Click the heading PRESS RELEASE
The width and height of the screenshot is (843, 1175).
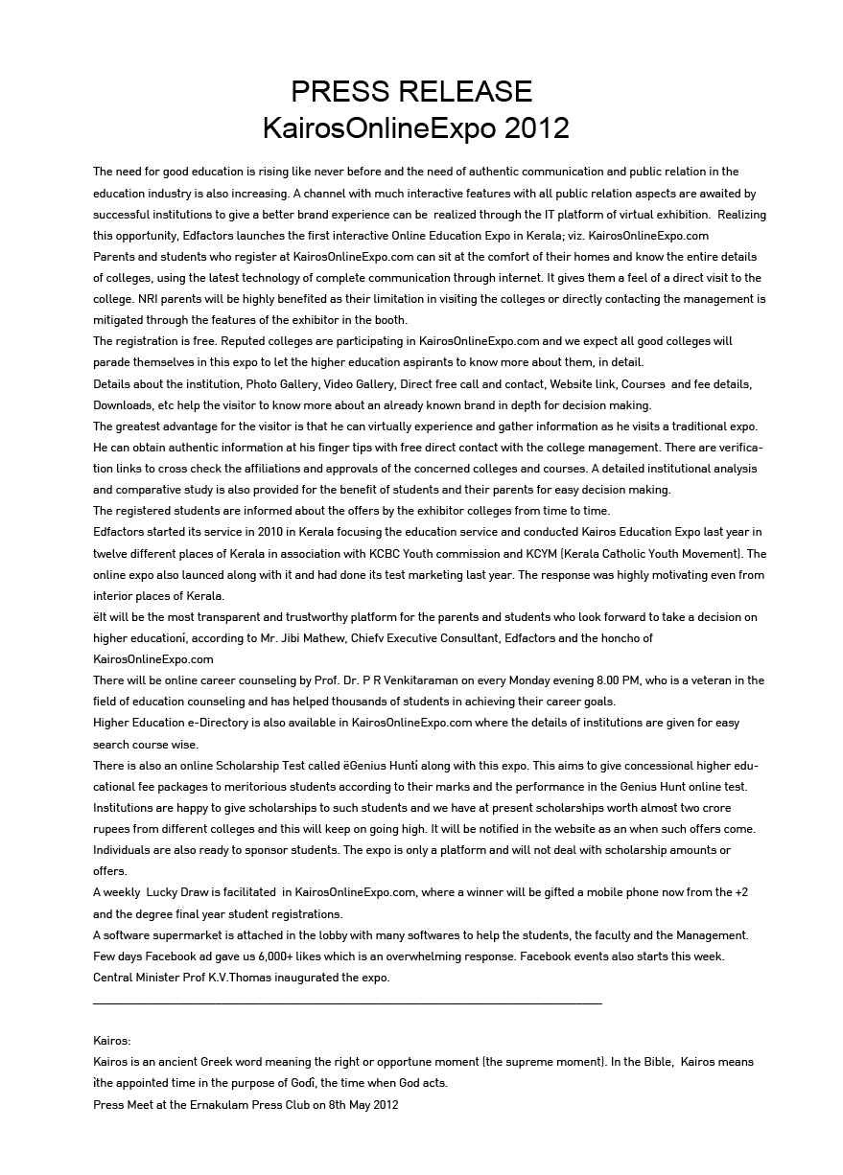coord(411,92)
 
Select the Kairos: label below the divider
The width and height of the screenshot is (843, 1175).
coord(111,1041)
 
